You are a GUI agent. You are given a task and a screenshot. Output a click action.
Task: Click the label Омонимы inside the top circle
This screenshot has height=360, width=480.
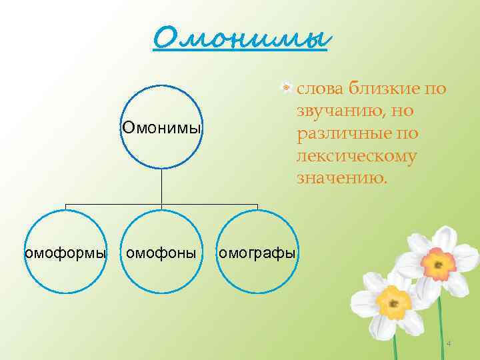point(161,127)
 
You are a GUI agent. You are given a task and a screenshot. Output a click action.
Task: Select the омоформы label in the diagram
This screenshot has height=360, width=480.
point(65,253)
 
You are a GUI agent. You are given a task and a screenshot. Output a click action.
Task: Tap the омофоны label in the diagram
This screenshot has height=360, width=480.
point(161,253)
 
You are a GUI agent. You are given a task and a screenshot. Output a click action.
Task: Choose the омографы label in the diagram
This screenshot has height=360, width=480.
point(257,253)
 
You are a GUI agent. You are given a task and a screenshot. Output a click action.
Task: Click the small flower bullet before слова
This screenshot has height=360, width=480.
point(286,87)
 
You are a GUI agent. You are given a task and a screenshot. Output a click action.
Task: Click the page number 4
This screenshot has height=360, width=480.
point(448,344)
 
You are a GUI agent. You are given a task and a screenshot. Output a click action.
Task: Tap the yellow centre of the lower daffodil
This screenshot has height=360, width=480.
point(392,304)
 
